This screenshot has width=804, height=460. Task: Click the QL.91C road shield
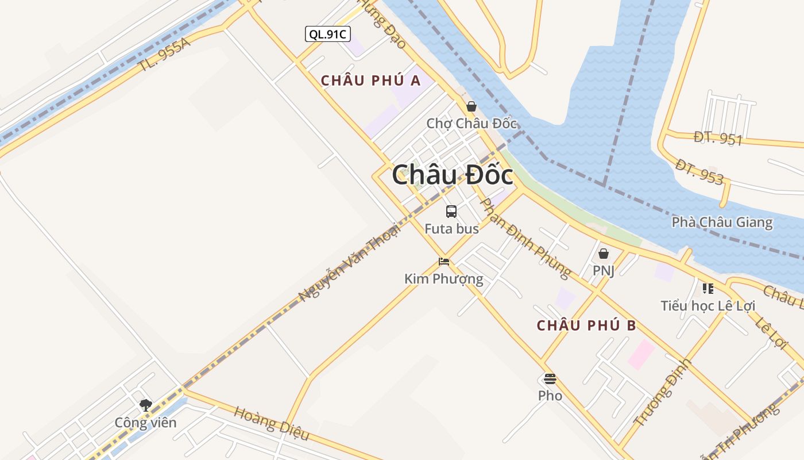(327, 34)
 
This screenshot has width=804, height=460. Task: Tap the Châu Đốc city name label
(453, 175)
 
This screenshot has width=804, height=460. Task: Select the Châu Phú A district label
(370, 80)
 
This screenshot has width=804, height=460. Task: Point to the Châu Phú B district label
(586, 325)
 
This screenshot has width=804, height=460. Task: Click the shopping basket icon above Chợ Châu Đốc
(471, 106)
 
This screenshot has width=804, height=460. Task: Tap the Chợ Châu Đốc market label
(471, 124)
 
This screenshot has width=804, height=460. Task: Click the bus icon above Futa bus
(451, 212)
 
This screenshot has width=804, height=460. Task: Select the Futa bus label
(451, 229)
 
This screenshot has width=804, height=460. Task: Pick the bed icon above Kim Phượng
(444, 262)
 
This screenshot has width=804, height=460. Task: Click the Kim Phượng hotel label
(444, 279)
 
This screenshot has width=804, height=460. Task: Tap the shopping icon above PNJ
(604, 254)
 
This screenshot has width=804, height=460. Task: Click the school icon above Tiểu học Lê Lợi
(708, 289)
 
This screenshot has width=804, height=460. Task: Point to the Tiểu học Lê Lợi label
(708, 306)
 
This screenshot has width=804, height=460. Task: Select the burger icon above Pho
(550, 378)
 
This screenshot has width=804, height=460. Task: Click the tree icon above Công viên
(146, 405)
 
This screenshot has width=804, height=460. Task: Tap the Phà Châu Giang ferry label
(722, 223)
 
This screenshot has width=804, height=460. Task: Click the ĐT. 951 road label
(718, 139)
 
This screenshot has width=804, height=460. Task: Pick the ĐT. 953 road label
(699, 172)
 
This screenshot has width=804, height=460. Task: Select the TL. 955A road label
(164, 55)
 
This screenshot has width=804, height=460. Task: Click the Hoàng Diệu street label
(272, 423)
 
